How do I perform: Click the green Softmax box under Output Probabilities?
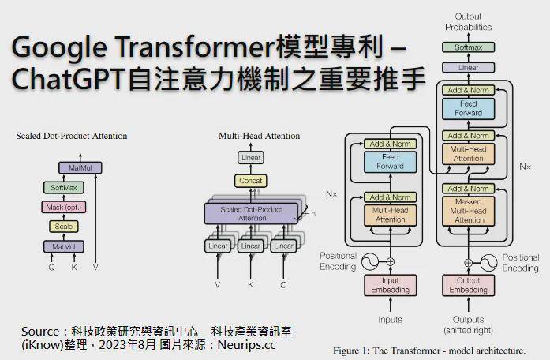click(x=468, y=47)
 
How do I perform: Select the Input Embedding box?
click(x=391, y=285)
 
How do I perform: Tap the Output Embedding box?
click(x=468, y=285)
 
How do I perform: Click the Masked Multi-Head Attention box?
click(x=468, y=211)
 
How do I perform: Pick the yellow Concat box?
click(x=250, y=181)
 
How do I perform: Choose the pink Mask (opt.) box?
click(x=63, y=207)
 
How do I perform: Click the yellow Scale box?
click(x=63, y=227)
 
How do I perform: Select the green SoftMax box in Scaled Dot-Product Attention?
click(x=63, y=187)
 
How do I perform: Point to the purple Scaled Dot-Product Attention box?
click(x=251, y=214)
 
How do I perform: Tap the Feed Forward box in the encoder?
click(x=391, y=162)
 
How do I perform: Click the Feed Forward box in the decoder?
click(x=468, y=108)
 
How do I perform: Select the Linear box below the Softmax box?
click(x=468, y=67)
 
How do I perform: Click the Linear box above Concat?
click(x=251, y=158)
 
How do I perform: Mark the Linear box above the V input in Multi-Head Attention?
click(x=218, y=246)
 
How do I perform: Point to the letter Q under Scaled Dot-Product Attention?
click(x=51, y=268)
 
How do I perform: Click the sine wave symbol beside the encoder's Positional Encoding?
click(x=370, y=262)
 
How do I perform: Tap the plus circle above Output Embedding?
click(x=468, y=262)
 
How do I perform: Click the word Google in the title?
click(x=59, y=47)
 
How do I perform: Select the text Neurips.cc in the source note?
click(x=246, y=344)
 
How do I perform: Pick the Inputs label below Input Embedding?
click(x=391, y=320)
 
